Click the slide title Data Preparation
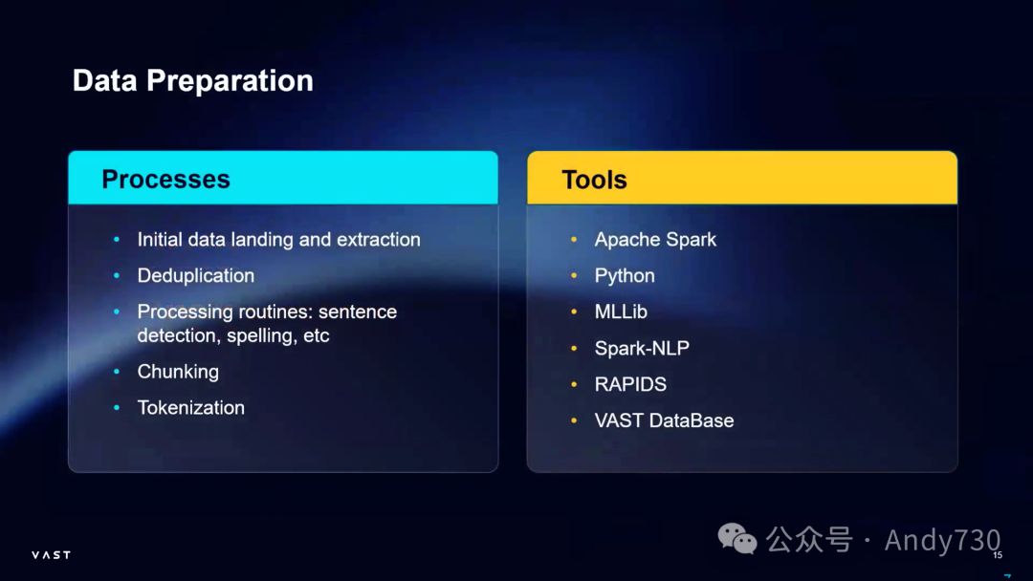click(x=193, y=81)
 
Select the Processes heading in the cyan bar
click(x=166, y=180)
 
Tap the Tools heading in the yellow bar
click(x=594, y=180)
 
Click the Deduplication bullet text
click(x=196, y=276)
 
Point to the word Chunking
click(x=178, y=372)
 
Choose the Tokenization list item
click(x=191, y=408)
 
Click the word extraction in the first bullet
click(x=378, y=240)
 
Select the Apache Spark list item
click(x=655, y=240)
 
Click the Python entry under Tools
click(x=625, y=276)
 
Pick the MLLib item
click(x=621, y=312)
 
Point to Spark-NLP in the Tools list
click(x=643, y=348)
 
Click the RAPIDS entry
click(x=630, y=384)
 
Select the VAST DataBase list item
click(x=664, y=420)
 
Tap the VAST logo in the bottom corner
click(x=52, y=555)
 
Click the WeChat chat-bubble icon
click(x=737, y=539)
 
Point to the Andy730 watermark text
click(x=942, y=540)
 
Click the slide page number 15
click(x=998, y=555)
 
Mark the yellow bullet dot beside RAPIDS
click(x=574, y=384)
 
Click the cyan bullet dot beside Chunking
click(x=117, y=372)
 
